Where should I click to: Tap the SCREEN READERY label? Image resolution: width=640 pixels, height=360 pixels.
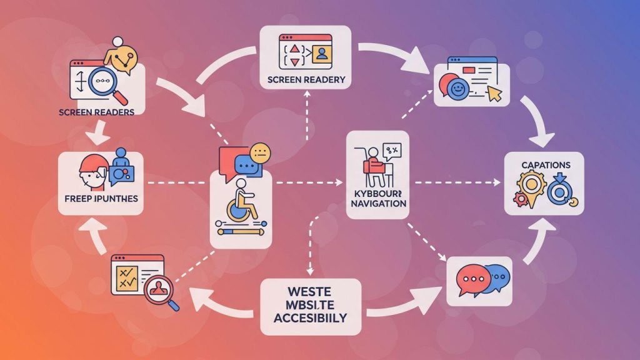click(x=306, y=80)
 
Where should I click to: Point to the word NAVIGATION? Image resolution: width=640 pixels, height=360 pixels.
click(x=377, y=204)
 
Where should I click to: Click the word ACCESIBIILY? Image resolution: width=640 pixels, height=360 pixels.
click(x=311, y=317)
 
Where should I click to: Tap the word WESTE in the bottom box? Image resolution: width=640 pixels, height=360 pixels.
click(x=310, y=291)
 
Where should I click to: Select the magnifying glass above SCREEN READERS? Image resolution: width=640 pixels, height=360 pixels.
click(x=107, y=82)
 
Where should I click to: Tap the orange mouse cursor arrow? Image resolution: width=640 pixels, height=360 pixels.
click(x=495, y=94)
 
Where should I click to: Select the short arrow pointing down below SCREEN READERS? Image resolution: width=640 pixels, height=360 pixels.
click(x=99, y=132)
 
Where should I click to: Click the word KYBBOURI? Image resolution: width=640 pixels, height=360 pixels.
click(x=377, y=192)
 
